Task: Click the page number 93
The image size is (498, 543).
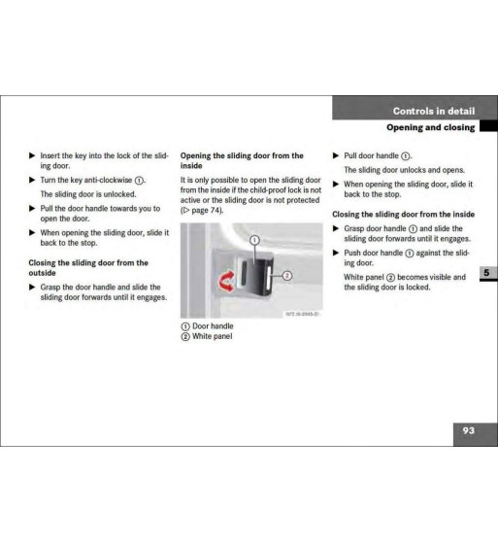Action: tap(468, 430)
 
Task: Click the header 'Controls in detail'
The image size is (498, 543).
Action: tap(434, 111)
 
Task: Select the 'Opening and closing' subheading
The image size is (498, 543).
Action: tap(430, 127)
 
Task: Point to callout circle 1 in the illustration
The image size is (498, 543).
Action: tap(253, 238)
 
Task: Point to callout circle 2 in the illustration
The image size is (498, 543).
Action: tap(287, 276)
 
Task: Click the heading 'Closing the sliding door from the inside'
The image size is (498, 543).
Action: tap(403, 214)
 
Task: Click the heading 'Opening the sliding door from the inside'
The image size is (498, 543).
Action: tap(242, 160)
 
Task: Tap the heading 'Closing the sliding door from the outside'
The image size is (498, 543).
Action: tap(88, 267)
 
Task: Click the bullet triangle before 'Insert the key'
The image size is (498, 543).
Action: tap(31, 155)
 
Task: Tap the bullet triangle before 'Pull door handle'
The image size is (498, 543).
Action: tap(336, 155)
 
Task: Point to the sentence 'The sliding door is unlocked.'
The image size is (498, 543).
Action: tap(92, 194)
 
